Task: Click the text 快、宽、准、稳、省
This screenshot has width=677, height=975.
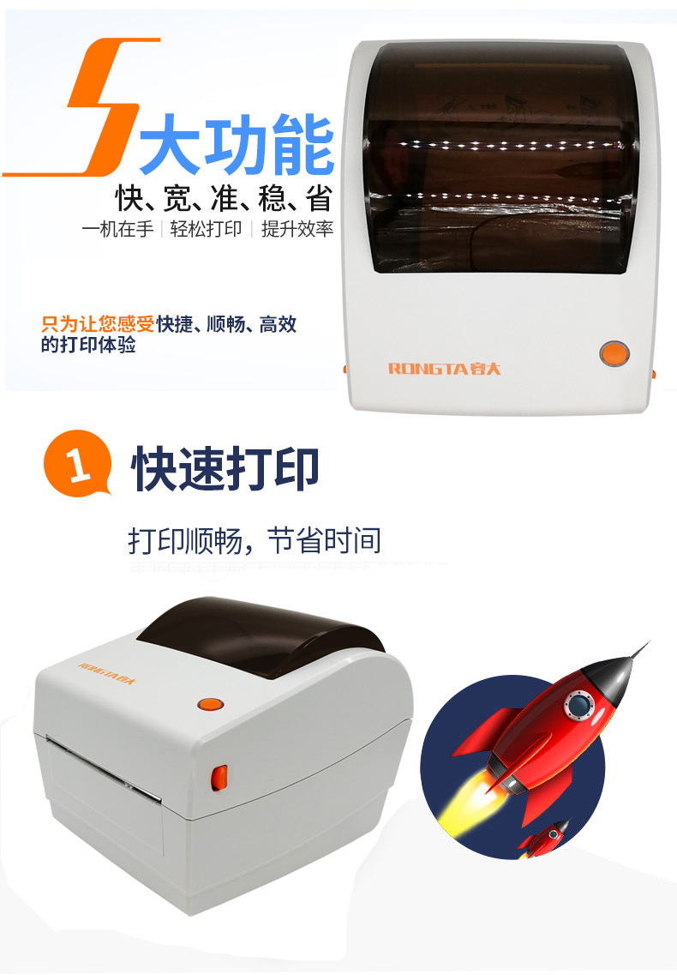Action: coord(223,200)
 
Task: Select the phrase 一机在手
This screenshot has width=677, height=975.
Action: coord(117,230)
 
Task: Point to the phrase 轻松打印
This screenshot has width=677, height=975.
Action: coord(206,230)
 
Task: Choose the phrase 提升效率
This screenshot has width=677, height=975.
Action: coord(297,230)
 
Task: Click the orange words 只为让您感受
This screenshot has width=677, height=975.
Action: coord(99,324)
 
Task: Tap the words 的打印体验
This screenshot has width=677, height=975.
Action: coord(88,345)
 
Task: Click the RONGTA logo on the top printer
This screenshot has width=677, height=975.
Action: coord(444,369)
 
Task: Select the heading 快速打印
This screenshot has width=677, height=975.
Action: coord(225,469)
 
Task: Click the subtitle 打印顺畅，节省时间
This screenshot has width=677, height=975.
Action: coord(255,541)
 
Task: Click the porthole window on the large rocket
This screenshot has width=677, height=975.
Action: coord(578,706)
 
